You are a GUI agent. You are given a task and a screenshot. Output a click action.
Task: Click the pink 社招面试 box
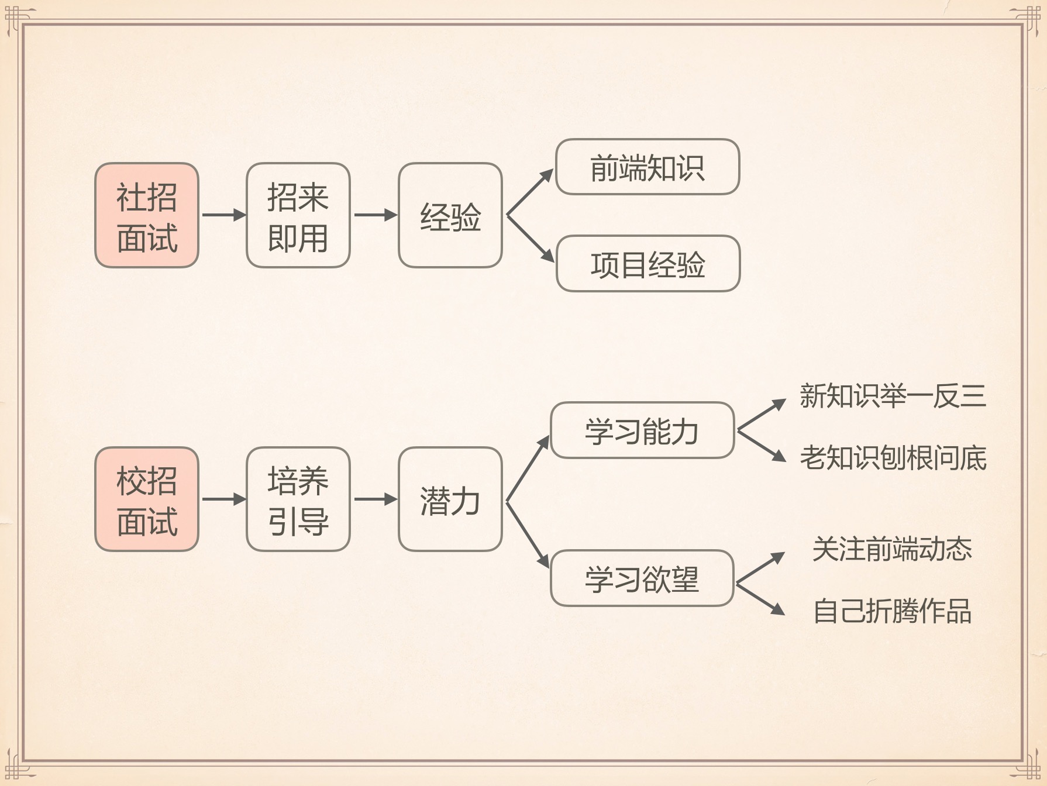tap(147, 215)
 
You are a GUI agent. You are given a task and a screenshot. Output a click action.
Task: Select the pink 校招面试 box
tap(147, 499)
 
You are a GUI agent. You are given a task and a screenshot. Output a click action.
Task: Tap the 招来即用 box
tap(298, 215)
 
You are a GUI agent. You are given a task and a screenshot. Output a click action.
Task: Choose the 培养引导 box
tap(298, 499)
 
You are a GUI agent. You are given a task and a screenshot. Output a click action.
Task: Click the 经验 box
tap(450, 215)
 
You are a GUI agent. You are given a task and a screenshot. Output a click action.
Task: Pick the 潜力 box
tap(450, 499)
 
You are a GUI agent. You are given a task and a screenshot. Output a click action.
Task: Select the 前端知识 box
tap(647, 167)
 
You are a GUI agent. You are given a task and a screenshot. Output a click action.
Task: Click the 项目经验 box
tap(648, 263)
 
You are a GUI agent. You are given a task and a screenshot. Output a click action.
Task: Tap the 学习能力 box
tap(642, 430)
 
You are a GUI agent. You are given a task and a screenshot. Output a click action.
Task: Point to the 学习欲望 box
tap(642, 578)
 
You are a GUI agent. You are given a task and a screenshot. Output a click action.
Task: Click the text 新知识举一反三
tap(893, 396)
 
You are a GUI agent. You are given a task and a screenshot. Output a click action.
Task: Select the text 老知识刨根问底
tap(893, 457)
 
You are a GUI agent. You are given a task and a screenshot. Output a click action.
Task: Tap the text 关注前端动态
tap(892, 549)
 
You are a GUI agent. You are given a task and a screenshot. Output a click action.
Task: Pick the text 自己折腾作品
tap(892, 611)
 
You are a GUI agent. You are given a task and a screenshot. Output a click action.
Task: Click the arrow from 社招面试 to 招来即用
tap(223, 215)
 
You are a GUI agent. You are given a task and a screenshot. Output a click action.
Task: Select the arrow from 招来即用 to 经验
tap(374, 215)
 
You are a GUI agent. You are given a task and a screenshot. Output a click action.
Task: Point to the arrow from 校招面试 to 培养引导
tap(223, 499)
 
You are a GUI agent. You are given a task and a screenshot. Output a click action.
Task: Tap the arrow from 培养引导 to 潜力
tap(374, 499)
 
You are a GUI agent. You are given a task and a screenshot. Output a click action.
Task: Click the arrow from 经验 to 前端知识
tap(529, 192)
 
